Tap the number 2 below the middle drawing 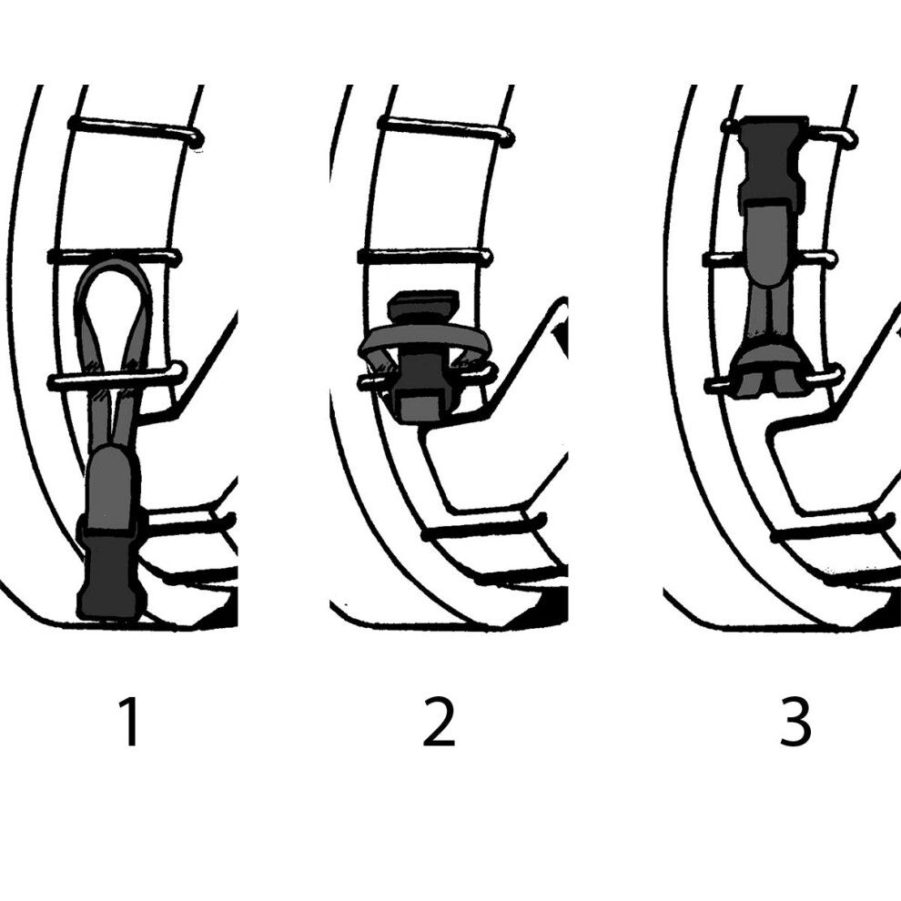[439, 722]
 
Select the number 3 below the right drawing [795, 722]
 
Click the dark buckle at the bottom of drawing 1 [111, 573]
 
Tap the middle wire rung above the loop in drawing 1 [115, 257]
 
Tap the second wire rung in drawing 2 [425, 257]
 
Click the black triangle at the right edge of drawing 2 [561, 339]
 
